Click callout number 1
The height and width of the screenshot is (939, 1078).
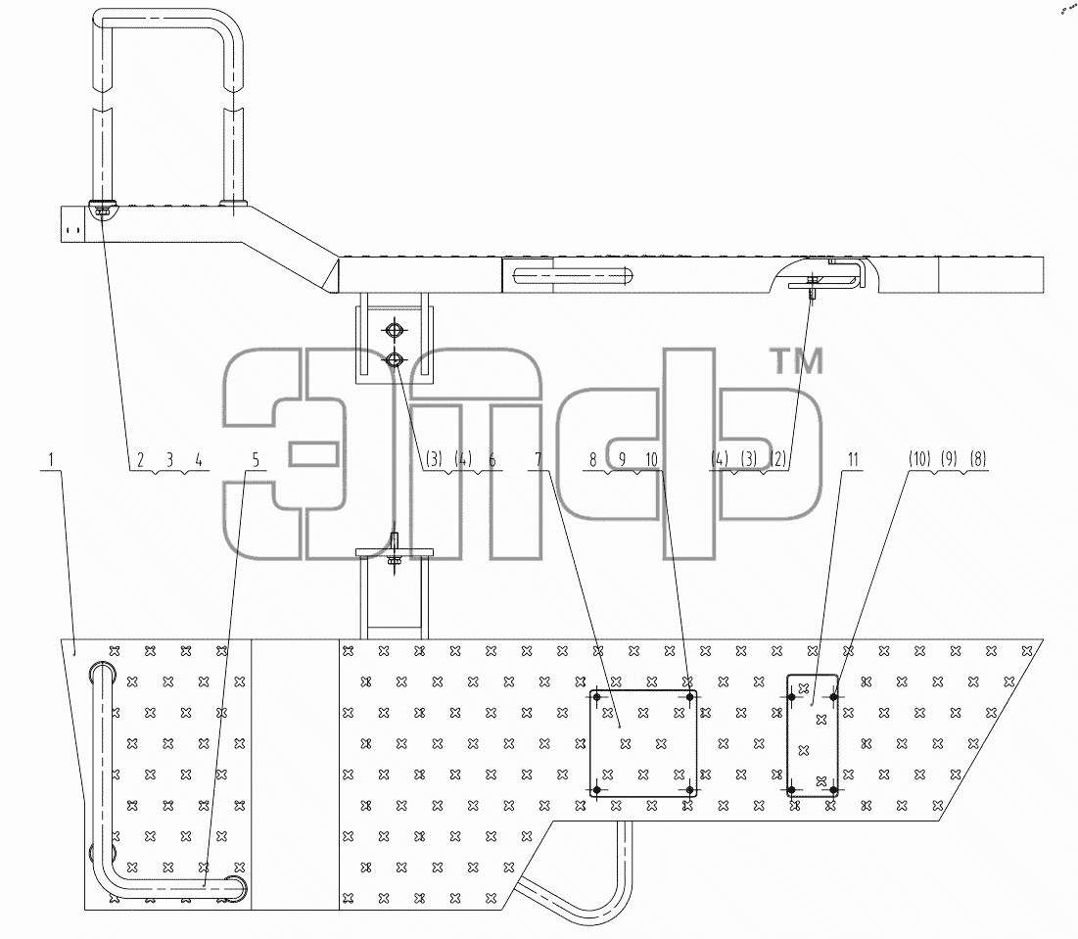point(50,458)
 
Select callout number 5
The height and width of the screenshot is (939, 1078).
point(256,459)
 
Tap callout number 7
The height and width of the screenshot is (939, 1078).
point(539,459)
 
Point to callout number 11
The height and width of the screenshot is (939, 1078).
point(853,459)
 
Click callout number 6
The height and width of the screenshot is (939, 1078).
point(492,459)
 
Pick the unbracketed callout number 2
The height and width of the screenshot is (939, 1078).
point(140,459)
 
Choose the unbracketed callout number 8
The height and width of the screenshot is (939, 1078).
point(593,459)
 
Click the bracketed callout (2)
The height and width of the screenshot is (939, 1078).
point(777,459)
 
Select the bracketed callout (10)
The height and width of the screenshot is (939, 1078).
point(919,459)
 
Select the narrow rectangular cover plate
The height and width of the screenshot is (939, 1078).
point(813,735)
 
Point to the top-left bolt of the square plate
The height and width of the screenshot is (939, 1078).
point(596,697)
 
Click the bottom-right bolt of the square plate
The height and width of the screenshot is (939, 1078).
point(690,790)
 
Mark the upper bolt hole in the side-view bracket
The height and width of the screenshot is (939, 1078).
point(394,331)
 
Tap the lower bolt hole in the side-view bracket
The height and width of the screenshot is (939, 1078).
point(394,358)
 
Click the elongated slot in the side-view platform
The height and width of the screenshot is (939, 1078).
point(572,276)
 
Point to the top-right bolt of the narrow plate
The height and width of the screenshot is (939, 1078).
point(834,697)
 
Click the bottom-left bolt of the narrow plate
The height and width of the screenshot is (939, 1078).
point(791,790)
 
